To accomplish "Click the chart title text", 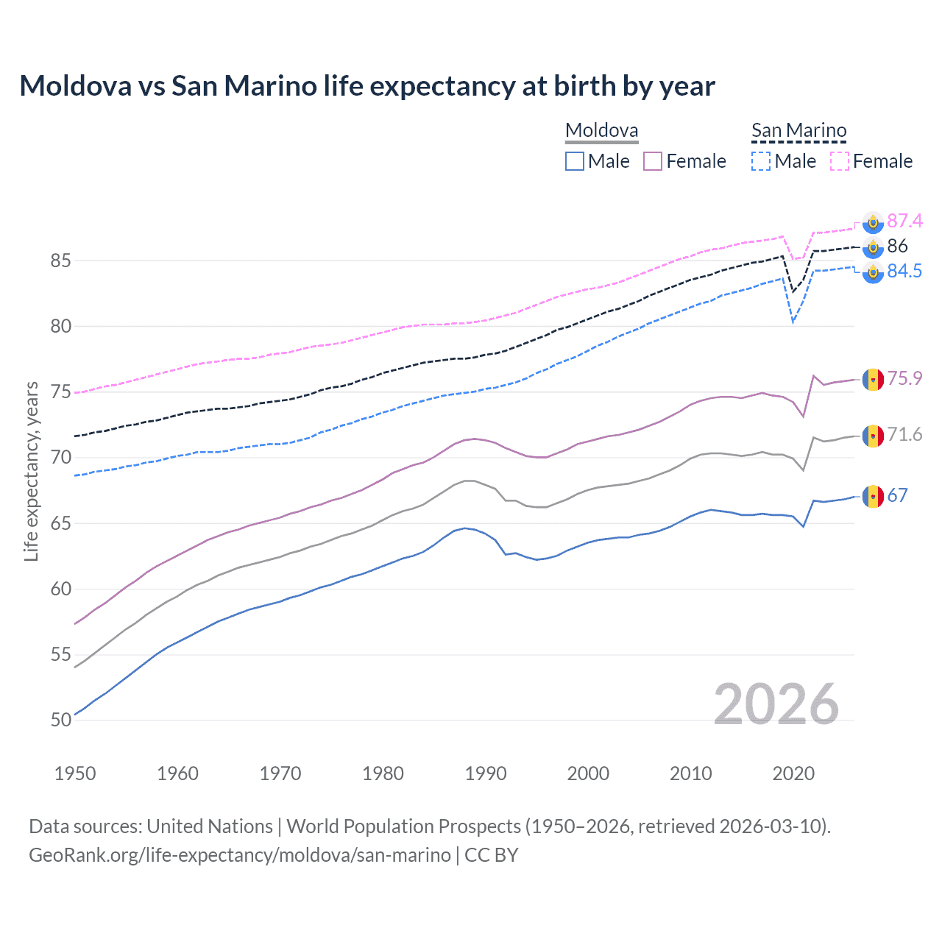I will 366,86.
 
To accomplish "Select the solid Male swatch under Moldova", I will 575,161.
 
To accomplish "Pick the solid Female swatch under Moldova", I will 653,161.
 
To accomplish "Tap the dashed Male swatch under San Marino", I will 761,161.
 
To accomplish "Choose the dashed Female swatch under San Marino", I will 840,161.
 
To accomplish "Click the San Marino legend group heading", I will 798,131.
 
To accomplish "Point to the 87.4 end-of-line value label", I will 904,221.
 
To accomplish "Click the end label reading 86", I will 897,246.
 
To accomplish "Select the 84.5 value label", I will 904,271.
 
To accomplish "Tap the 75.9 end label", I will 904,378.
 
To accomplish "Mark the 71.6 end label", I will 904,434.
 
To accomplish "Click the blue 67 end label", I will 897,495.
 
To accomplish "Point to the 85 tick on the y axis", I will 61,261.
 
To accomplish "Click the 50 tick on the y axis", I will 61,720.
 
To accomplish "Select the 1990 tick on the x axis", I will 486,773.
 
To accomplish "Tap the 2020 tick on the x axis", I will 793,773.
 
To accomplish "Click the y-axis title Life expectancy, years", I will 32,471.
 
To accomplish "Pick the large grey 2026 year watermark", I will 776,704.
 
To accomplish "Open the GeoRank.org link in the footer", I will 240,855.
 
